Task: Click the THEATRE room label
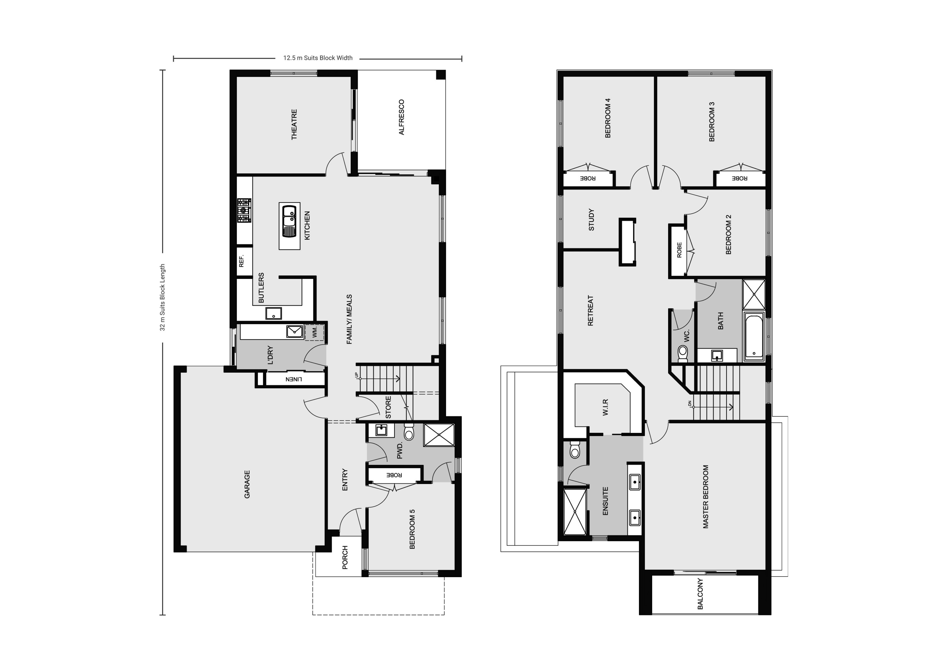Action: tap(294, 124)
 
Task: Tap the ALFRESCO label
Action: tap(402, 117)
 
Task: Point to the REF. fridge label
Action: tap(242, 261)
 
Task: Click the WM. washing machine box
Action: tap(315, 332)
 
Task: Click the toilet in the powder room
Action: tap(409, 432)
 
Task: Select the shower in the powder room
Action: tap(439, 435)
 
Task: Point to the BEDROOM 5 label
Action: tap(412, 529)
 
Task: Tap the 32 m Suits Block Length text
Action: tap(163, 297)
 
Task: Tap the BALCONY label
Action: tap(700, 594)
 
